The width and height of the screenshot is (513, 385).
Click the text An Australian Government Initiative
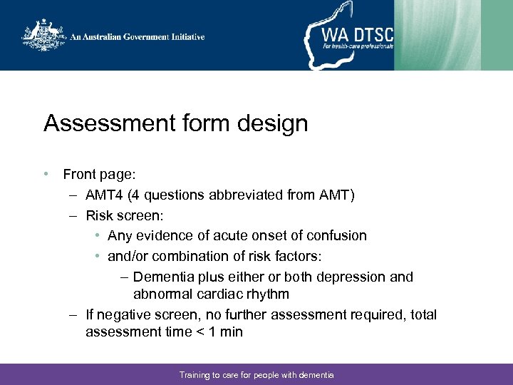point(137,37)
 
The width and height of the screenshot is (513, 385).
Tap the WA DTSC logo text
point(357,32)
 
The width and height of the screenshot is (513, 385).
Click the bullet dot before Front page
point(46,174)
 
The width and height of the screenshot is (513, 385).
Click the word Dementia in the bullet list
point(165,277)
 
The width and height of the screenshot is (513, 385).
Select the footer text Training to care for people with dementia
point(256,374)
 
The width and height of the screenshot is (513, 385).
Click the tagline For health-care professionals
point(357,46)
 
